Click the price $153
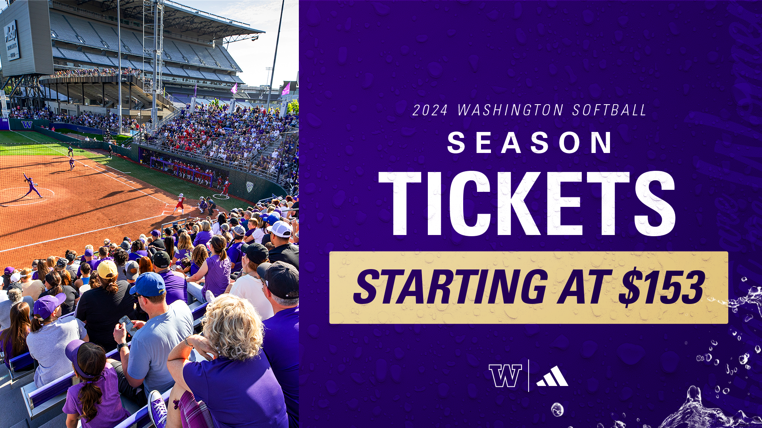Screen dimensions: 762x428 [663, 288]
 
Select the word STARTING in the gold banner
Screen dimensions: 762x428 [450, 286]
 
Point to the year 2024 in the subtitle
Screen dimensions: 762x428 [430, 110]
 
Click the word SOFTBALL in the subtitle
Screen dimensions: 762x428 [610, 110]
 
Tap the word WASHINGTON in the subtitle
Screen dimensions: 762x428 [510, 110]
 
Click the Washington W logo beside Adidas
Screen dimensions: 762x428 [505, 375]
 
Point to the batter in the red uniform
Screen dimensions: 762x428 [180, 203]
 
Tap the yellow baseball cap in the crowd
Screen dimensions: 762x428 [107, 269]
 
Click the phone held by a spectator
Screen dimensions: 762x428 [127, 325]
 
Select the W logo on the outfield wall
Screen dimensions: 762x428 [27, 124]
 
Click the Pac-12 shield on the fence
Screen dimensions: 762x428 [249, 187]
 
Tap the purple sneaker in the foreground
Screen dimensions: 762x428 [158, 408]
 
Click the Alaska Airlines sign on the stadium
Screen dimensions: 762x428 [12, 40]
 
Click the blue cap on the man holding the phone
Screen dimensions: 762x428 [147, 285]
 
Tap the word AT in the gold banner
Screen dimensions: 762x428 [585, 286]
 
